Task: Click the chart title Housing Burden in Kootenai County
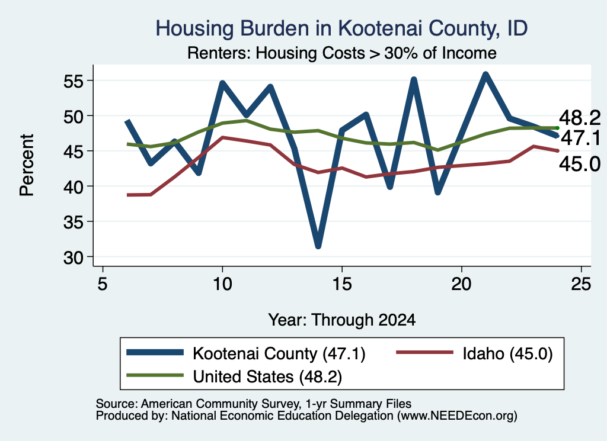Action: pos(341,28)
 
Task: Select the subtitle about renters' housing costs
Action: pos(342,53)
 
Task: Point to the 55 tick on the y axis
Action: pos(74,81)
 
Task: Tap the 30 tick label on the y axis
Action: pos(74,257)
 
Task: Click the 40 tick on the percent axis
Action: pos(74,186)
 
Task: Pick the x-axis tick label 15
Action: pos(342,284)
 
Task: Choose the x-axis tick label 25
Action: pos(581,284)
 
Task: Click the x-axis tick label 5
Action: pos(102,284)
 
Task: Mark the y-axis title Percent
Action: pos(27,165)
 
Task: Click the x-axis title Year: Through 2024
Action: pos(342,320)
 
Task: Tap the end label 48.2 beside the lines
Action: pos(580,117)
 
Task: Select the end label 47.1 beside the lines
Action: pos(580,138)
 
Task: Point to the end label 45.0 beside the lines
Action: pos(580,164)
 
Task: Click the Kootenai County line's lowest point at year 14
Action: pos(318,246)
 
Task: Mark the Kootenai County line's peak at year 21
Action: pos(485,75)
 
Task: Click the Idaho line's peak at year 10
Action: pos(222,137)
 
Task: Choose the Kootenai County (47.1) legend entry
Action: pos(246,353)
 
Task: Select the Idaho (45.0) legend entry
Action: pos(474,353)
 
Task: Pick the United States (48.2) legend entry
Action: pos(234,376)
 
